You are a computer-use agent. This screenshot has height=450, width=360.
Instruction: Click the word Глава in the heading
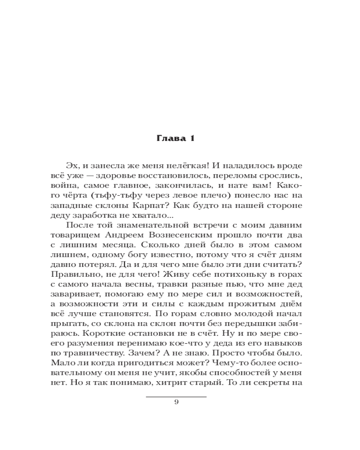point(167,139)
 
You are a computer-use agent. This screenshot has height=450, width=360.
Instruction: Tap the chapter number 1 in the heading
point(191,139)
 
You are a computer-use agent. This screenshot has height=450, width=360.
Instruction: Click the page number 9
point(176,402)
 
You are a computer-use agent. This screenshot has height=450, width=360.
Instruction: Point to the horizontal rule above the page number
point(176,396)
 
